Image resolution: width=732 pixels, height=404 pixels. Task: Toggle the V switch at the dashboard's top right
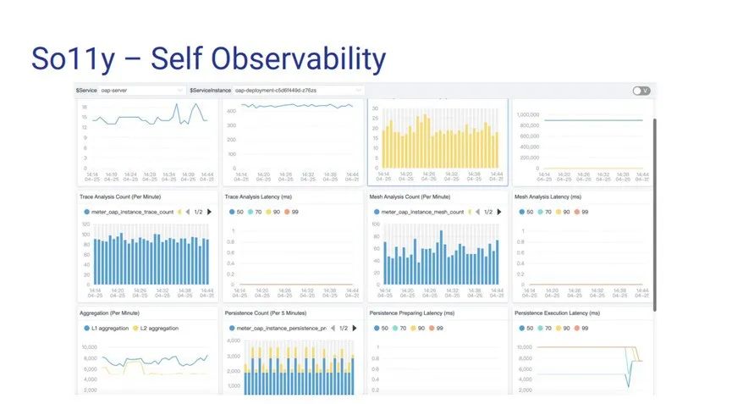click(641, 91)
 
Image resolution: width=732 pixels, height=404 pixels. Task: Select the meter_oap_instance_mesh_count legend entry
click(420, 212)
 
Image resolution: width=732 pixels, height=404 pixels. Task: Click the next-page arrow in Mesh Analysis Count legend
click(500, 212)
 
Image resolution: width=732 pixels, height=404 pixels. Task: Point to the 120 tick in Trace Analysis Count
click(85, 224)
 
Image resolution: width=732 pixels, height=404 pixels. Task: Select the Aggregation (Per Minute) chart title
click(111, 313)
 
